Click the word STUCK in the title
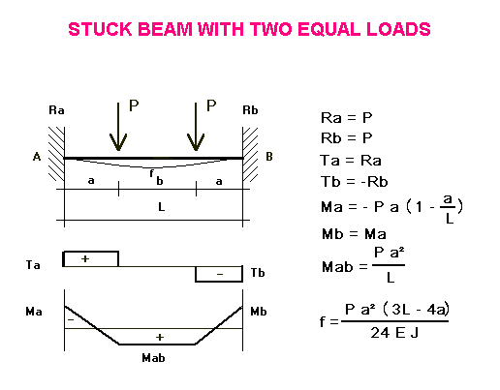100,29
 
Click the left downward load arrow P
118,127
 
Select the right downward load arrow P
196,127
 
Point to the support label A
37,157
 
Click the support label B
269,157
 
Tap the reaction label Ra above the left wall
56,110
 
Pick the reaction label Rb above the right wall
250,110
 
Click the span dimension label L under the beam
162,206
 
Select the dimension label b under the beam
160,181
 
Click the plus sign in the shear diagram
85,258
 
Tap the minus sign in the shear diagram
220,274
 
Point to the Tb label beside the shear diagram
258,273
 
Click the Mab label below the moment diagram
153,358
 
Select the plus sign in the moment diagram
160,337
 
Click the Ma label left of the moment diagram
34,312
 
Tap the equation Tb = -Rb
354,182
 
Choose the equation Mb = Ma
354,234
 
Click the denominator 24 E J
394,333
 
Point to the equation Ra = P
347,118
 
